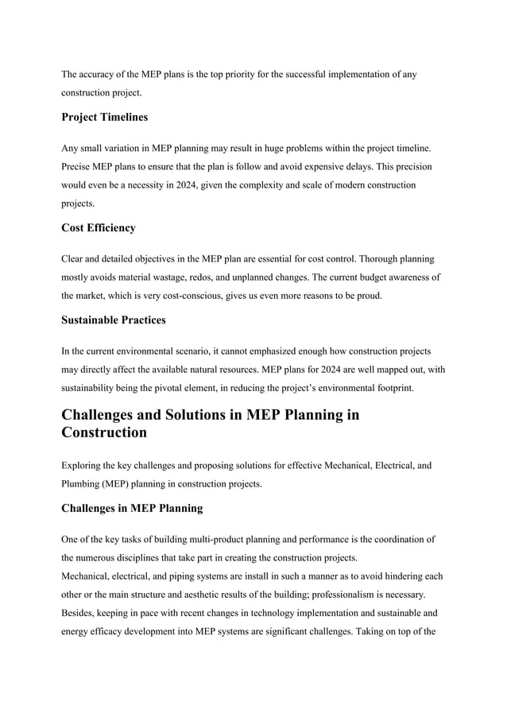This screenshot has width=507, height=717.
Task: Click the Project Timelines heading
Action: point(104,118)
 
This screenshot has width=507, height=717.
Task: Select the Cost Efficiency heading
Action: point(99,228)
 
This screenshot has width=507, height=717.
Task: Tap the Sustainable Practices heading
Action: point(113,320)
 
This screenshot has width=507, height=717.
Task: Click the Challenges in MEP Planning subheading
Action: point(132,508)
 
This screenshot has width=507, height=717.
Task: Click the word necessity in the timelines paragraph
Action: point(158,185)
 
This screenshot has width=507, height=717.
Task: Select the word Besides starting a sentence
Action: point(80,613)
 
